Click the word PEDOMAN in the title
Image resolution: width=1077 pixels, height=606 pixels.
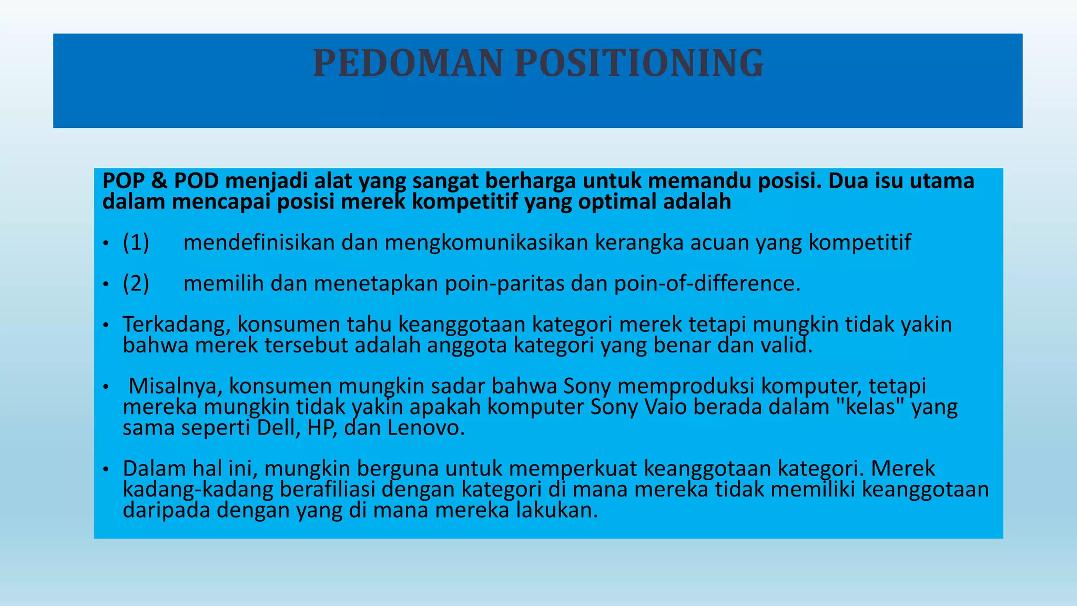coord(408,63)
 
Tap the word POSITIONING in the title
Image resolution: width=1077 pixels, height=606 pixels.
coord(639,63)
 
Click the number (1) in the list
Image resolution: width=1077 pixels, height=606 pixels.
coord(136,243)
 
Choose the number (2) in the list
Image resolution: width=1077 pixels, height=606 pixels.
coord(136,284)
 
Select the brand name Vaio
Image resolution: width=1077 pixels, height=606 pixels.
coord(665,407)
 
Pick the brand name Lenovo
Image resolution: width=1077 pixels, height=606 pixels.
coord(426,428)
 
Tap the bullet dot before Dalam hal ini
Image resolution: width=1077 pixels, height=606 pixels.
coord(106,469)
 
